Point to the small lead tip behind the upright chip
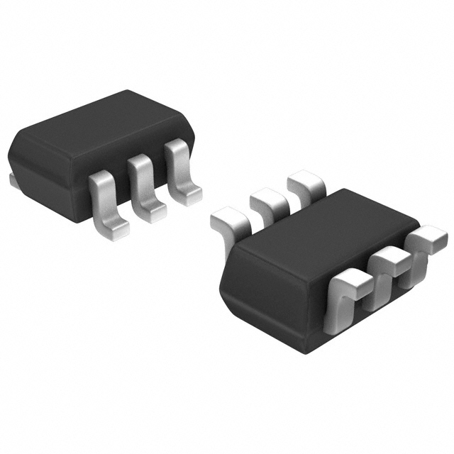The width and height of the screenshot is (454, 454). click(x=13, y=180)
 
